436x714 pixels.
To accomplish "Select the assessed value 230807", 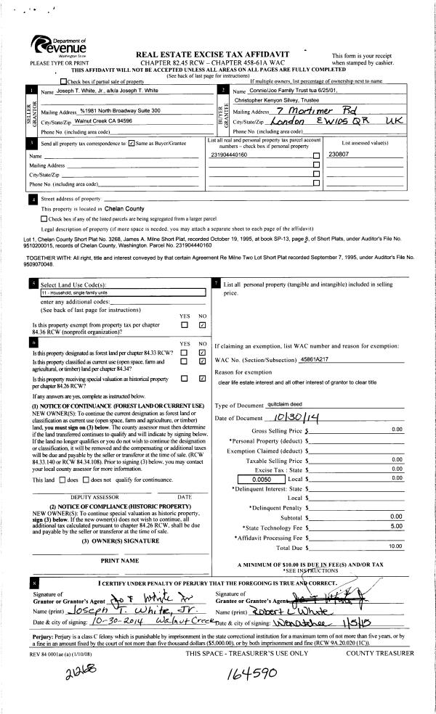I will pos(339,155).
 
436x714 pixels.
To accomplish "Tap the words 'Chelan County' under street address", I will pos(125,209).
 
